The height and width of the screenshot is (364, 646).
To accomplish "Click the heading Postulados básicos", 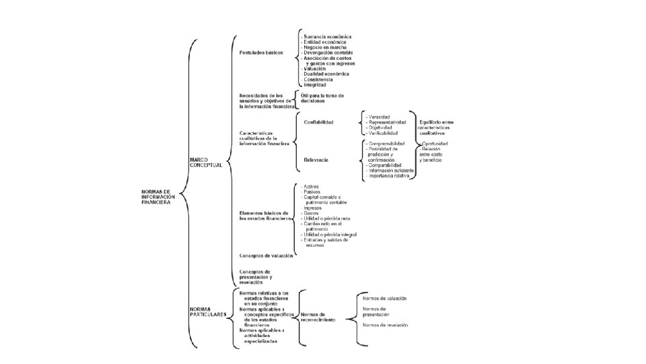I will [262, 52].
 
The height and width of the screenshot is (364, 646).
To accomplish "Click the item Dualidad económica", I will [326, 74].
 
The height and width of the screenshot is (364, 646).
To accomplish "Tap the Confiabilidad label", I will [319, 122].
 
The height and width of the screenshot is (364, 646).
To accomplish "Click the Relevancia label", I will [316, 160].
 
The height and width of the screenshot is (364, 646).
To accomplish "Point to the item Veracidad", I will [380, 117].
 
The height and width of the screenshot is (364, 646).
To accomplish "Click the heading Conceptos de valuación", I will [266, 256].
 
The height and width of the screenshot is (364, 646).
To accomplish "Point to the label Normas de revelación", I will [385, 325].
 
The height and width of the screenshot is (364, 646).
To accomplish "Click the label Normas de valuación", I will [384, 298].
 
